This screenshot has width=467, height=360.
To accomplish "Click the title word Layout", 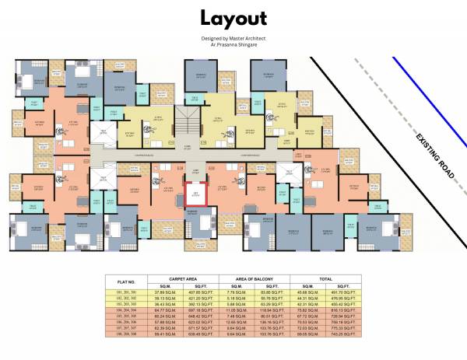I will pos(233,19).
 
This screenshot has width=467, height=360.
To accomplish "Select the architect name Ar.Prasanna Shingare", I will pos(233,44).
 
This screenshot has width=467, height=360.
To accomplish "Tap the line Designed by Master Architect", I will pos(233,39).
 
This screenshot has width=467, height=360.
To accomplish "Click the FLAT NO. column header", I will pos(126,281).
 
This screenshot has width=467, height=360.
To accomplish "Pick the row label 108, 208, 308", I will pos(126,335).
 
